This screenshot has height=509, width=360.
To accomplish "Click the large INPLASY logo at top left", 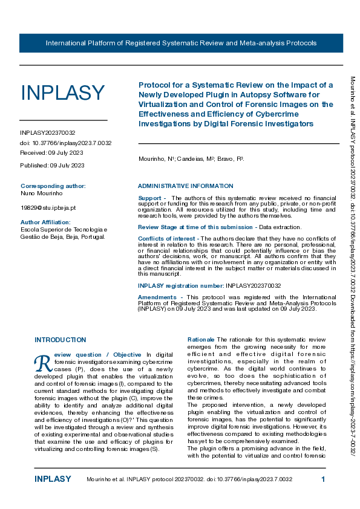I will [x=63, y=92].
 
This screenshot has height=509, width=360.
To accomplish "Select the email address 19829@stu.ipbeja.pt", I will [x=48, y=207].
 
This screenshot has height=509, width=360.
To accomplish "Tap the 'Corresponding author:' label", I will [x=53, y=186].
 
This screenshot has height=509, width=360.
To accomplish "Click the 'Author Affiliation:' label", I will [x=46, y=222].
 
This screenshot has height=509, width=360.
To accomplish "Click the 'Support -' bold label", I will [x=152, y=198].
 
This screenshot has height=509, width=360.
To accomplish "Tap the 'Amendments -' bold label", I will [x=160, y=297].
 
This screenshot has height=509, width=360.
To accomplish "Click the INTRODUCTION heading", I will [x=60, y=340].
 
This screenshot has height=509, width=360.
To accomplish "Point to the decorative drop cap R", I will [x=43, y=362].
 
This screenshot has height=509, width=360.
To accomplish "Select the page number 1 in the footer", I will [x=323, y=479].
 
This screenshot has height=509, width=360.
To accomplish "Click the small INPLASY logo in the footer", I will [x=53, y=479].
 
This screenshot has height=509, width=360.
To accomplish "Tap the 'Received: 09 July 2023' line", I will [x=51, y=154].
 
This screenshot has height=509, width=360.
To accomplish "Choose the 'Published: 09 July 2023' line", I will [x=52, y=165].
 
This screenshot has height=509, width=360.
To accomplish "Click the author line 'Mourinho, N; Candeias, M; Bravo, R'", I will [x=191, y=158].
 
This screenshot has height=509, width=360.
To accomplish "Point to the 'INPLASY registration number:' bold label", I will [x=181, y=285].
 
